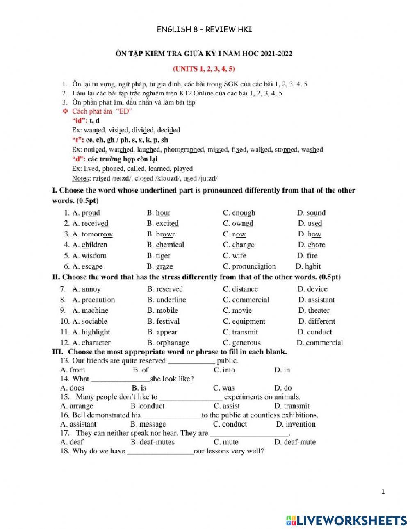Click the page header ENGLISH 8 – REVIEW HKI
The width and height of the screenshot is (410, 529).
click(204, 29)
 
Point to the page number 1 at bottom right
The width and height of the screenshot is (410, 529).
click(383, 492)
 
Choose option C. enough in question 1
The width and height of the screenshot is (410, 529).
click(239, 213)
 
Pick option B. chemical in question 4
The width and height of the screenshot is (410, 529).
click(166, 245)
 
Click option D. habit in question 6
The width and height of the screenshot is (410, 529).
click(308, 266)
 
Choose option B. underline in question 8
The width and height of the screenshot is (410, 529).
click(166, 300)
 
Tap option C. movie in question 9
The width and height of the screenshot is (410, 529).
click(237, 311)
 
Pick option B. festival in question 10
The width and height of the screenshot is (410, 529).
click(163, 322)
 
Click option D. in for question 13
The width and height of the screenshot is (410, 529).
click(282, 370)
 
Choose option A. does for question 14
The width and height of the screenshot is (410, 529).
click(72, 388)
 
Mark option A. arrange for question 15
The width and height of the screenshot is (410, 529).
click(77, 406)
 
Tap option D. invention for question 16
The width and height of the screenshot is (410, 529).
click(296, 424)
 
